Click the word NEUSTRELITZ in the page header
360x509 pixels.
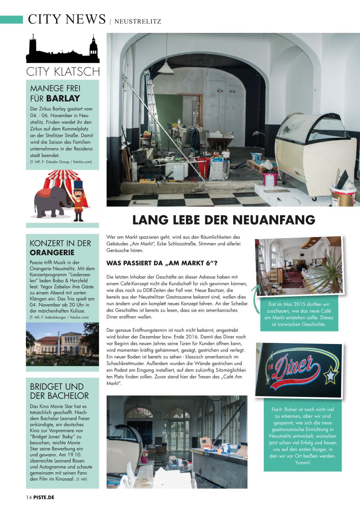(137, 21)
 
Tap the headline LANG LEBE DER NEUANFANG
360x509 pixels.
(224, 220)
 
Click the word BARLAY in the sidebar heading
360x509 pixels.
(63, 98)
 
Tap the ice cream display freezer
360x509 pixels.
(315, 152)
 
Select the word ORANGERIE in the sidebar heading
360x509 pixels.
(52, 252)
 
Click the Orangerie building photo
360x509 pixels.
(62, 344)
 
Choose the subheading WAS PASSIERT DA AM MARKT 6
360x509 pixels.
(162, 263)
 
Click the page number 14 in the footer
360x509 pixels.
(29, 497)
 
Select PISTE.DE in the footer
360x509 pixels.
(44, 497)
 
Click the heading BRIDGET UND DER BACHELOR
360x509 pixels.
(59, 391)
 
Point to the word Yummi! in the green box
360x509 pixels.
(303, 462)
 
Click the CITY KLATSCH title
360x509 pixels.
(63, 72)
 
